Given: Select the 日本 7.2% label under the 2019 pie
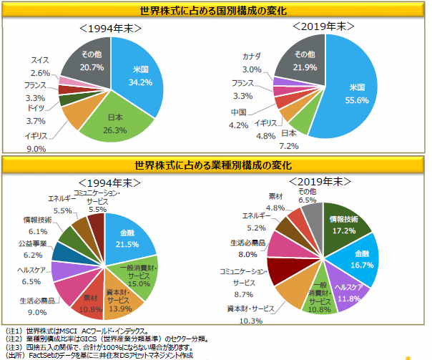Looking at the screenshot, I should [x=289, y=140].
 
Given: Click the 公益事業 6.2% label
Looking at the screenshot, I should [x=31, y=250].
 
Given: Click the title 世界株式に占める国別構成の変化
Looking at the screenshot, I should [x=215, y=10].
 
